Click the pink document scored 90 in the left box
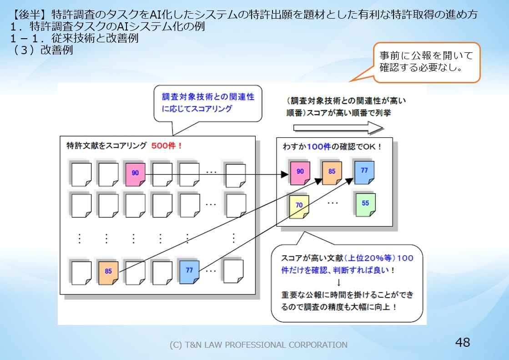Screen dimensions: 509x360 point(136,174)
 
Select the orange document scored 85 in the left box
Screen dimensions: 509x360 point(108,273)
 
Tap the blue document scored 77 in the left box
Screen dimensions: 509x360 point(189,272)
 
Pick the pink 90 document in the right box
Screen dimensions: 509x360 point(300,173)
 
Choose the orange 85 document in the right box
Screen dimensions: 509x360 point(332,173)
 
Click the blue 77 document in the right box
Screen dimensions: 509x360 point(364,172)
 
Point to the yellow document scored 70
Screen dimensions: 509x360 point(299,207)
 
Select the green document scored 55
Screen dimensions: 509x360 point(366,205)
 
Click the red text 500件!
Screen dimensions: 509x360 point(167,146)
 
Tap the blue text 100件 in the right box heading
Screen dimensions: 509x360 point(319,147)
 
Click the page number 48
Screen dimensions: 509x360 point(463,342)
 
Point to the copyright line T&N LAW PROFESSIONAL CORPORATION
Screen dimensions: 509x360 point(258,345)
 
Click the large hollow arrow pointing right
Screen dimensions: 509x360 point(338,128)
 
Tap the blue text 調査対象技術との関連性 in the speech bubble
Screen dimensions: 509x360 point(208,97)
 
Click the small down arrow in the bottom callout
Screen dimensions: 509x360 point(338,282)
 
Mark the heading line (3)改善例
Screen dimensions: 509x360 point(42,50)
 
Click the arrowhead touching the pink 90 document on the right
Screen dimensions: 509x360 point(285,174)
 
